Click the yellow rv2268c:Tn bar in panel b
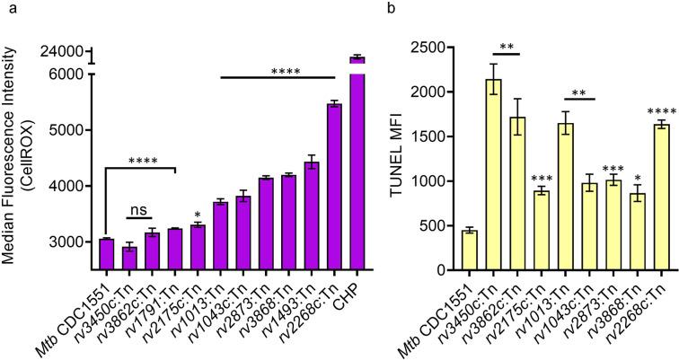tap(639, 198)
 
